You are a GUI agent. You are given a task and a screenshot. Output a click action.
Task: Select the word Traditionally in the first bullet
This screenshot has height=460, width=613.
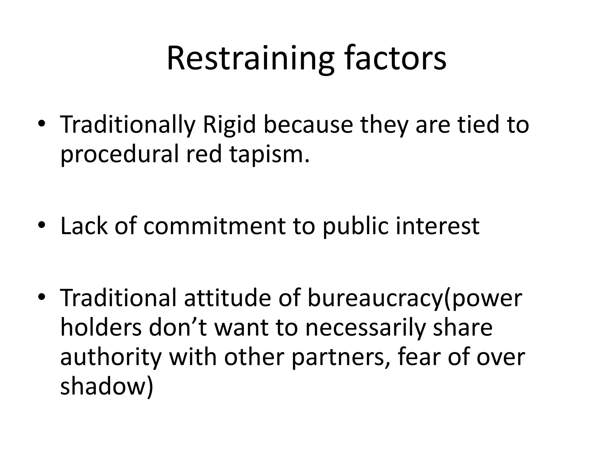(x=128, y=125)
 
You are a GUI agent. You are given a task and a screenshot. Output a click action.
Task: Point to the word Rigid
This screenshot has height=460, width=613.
(x=229, y=125)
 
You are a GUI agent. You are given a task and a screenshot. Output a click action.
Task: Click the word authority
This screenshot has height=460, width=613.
(x=111, y=357)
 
